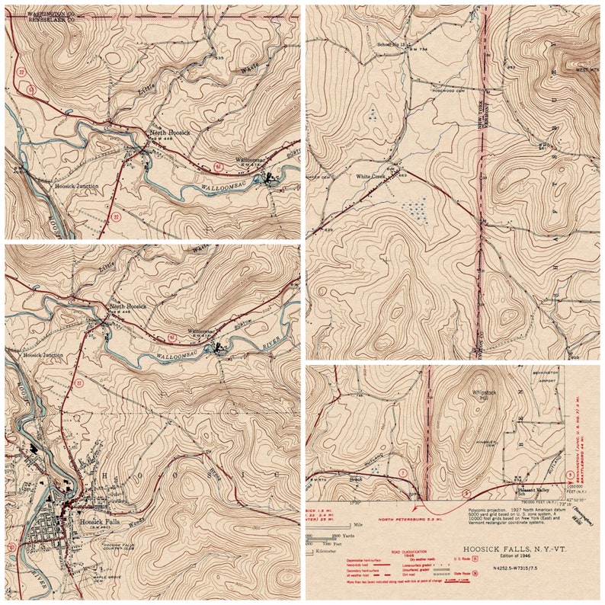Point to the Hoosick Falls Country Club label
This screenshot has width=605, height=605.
pyautogui.click(x=120, y=545)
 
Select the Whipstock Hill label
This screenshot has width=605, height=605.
pyautogui.click(x=484, y=391)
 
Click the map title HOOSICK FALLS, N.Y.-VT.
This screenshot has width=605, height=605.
pyautogui.click(x=519, y=547)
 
